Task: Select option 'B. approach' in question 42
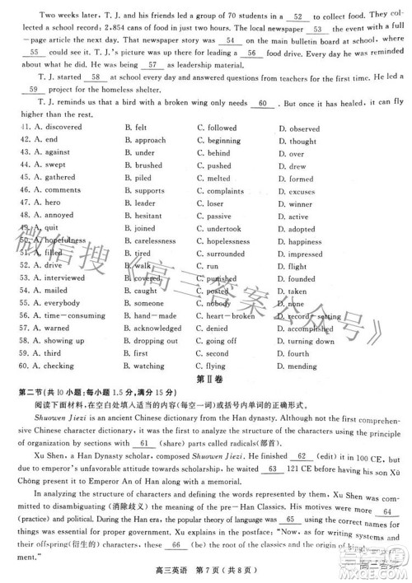pyautogui.click(x=146, y=142)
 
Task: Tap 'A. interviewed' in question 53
pyautogui.click(x=45, y=279)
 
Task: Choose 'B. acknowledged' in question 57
pyautogui.click(x=157, y=329)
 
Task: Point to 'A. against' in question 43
pyautogui.click(x=40, y=154)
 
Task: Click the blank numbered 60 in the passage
pyautogui.click(x=263, y=105)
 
